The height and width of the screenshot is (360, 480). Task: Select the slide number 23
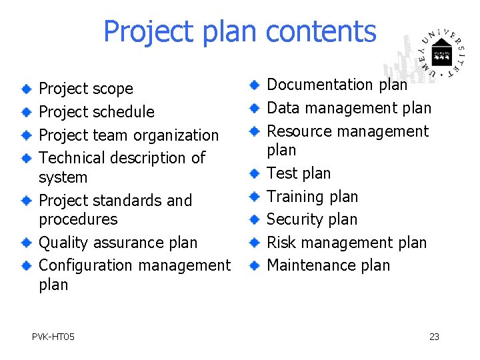coord(434,337)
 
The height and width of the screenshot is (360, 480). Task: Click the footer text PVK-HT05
coord(53,337)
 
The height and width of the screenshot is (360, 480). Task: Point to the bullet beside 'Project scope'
coord(26,89)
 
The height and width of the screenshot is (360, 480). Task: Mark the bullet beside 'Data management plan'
coord(254,108)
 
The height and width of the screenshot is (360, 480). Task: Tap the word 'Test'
coord(280,173)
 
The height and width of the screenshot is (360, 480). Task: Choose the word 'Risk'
coord(280,243)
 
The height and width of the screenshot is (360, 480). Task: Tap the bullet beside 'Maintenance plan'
coord(254,265)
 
